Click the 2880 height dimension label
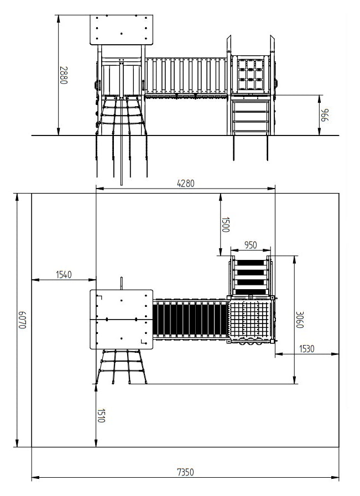(x=64, y=75)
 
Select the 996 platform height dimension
(x=325, y=115)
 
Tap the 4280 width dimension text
(x=186, y=184)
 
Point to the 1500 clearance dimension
(x=225, y=224)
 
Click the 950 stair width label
(x=251, y=245)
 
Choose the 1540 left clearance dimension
(x=64, y=275)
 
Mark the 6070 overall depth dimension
(x=22, y=320)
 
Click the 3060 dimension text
(x=300, y=320)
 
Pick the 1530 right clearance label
(x=307, y=348)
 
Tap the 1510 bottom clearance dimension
(x=101, y=416)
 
